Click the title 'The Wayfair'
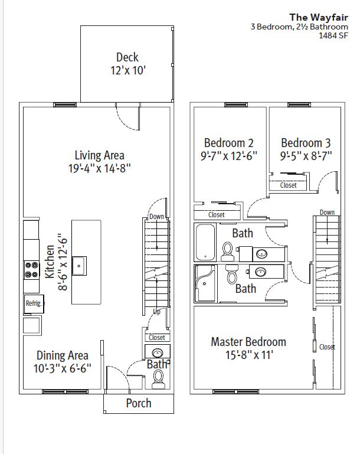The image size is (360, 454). (x=319, y=17)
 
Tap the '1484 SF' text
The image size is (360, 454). (x=333, y=35)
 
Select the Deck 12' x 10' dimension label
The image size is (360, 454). (x=127, y=70)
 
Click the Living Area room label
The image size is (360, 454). (x=100, y=155)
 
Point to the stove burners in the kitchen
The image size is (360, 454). (x=31, y=270)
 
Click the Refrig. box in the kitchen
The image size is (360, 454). (x=34, y=303)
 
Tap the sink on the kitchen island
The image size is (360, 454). (x=79, y=266)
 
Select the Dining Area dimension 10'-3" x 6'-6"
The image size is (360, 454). (x=63, y=368)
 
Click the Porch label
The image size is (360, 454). (x=139, y=403)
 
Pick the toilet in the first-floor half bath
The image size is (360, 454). (x=158, y=379)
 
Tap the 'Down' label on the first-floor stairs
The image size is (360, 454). (x=156, y=216)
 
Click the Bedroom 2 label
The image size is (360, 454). (x=228, y=143)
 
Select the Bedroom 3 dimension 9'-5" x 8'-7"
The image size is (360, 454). (x=306, y=156)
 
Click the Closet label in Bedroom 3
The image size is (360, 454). (x=288, y=185)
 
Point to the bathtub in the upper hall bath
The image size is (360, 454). (x=205, y=242)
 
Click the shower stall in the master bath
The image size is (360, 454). (x=205, y=284)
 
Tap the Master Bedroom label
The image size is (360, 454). (x=248, y=342)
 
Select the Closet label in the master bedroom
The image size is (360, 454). (x=328, y=347)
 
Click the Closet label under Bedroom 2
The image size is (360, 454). (x=217, y=215)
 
